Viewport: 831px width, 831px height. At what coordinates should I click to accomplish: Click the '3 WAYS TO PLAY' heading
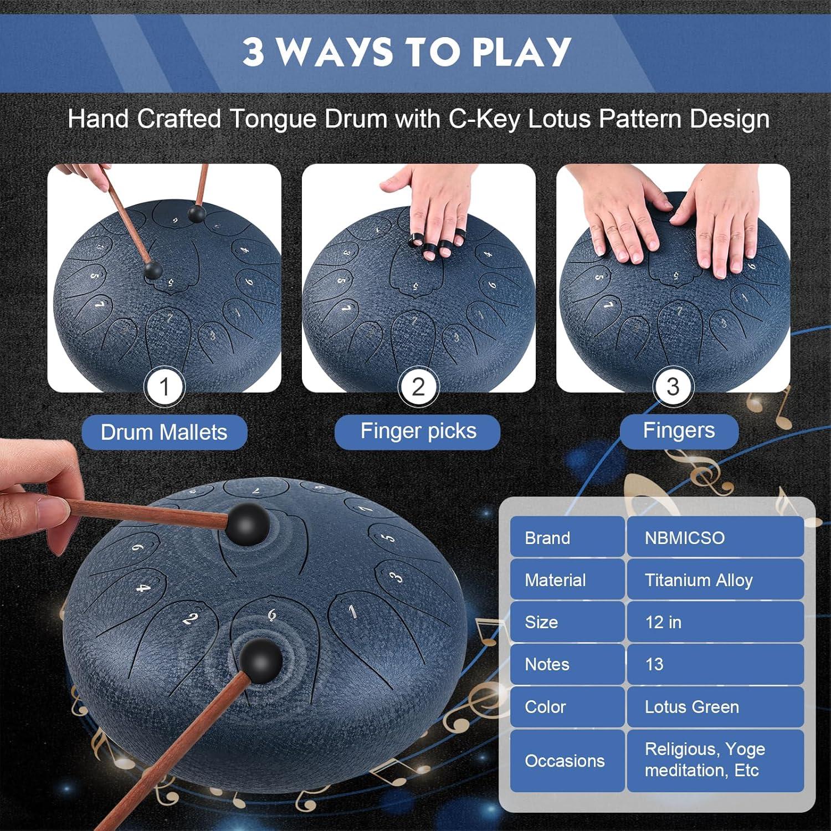[x=407, y=52]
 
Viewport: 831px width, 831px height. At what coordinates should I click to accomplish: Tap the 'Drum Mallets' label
[x=164, y=432]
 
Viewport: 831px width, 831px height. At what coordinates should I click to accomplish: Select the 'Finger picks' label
[x=418, y=431]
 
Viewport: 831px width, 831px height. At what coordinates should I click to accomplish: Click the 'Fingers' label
[x=679, y=430]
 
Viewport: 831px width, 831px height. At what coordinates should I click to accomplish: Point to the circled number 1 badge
[x=164, y=387]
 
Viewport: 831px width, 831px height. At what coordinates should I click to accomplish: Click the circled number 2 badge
[x=418, y=387]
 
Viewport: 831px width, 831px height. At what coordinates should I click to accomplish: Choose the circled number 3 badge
[x=673, y=387]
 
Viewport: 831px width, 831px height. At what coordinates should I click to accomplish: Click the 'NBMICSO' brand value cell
[x=715, y=537]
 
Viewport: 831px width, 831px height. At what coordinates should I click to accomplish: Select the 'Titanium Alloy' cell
[x=715, y=579]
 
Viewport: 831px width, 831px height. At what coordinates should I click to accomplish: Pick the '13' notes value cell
[x=715, y=664]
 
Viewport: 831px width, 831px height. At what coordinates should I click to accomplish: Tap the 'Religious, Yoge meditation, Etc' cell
[x=715, y=761]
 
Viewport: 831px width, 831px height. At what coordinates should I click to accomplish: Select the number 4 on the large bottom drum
[x=143, y=587]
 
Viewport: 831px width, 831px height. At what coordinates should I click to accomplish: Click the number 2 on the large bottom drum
[x=190, y=618]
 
